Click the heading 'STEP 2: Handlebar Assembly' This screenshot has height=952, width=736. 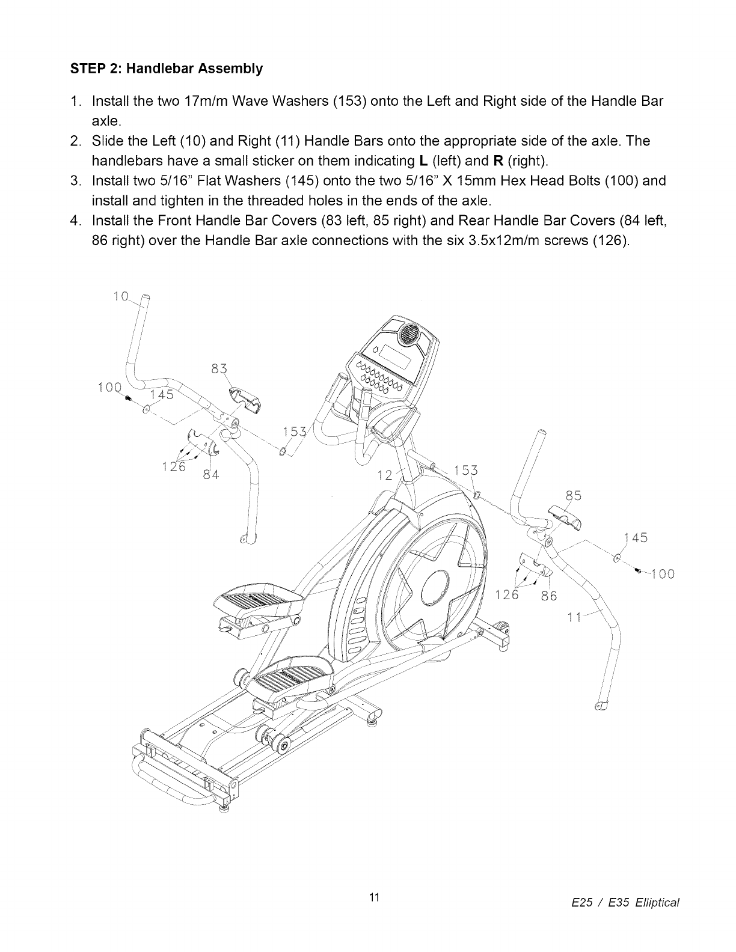[x=167, y=69]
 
